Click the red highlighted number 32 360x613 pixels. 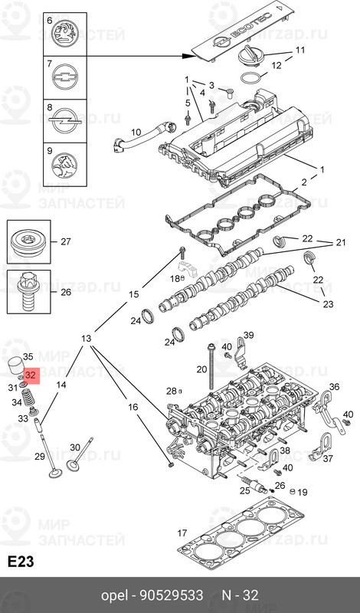point(31,376)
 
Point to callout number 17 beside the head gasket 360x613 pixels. point(182,533)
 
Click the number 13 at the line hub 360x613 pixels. point(86,339)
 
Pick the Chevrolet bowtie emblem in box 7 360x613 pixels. point(62,77)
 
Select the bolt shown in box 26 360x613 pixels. point(28,293)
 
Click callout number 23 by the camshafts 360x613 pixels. point(329,304)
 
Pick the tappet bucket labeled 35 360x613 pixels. point(18,362)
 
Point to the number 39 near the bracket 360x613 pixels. point(248,335)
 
